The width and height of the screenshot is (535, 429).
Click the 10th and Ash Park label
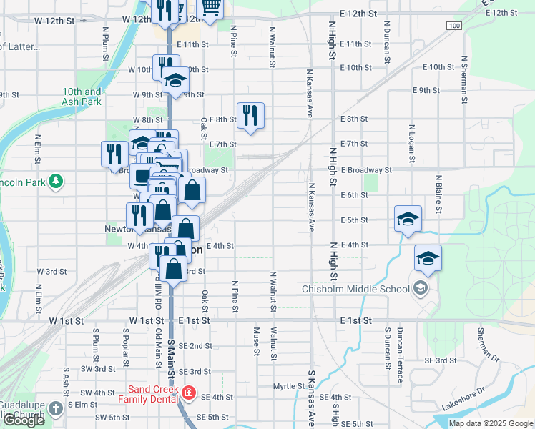82,97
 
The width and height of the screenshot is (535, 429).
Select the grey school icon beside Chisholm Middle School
421,289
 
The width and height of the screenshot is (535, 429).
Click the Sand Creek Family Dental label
151,394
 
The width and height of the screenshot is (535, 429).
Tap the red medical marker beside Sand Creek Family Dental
188,393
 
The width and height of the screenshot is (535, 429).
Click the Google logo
24,420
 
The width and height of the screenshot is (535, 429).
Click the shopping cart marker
210,8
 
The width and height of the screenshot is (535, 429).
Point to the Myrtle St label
289,386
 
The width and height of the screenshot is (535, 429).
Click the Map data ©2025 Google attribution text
491,423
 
